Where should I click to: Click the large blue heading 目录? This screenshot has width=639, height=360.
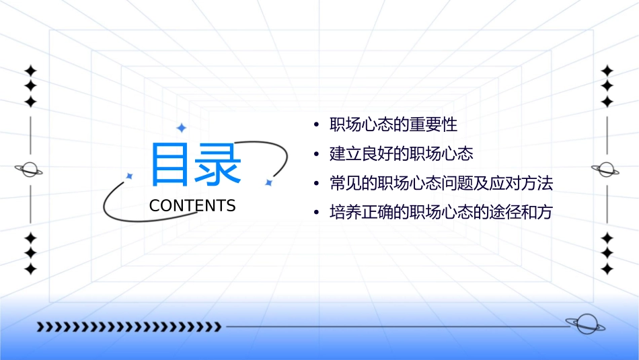195,165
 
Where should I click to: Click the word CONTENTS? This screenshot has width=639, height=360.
192,206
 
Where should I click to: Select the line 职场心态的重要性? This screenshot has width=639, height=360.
393,125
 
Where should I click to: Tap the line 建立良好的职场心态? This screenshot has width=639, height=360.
402,154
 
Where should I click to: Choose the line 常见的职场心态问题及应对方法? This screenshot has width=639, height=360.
441,183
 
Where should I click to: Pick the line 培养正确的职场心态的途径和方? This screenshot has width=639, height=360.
441,213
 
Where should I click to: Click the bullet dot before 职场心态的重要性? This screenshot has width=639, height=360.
315,126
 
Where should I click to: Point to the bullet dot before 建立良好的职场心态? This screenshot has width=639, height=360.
315,155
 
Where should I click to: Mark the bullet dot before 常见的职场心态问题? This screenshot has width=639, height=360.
315,184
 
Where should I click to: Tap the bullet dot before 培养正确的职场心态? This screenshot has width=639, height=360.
315,213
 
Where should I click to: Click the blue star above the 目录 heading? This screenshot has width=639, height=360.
181,128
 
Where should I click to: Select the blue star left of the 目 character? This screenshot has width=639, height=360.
130,176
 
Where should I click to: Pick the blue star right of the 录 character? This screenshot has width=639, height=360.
268,182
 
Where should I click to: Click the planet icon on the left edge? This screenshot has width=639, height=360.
30,170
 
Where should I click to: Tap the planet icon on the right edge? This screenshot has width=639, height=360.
607,170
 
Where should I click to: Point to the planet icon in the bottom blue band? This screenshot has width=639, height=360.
585,324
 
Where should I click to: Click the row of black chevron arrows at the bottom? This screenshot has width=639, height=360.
128,327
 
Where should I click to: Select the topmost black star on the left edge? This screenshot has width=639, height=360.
30,71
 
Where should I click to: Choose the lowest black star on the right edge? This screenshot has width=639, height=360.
607,268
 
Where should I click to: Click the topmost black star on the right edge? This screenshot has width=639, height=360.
607,71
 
